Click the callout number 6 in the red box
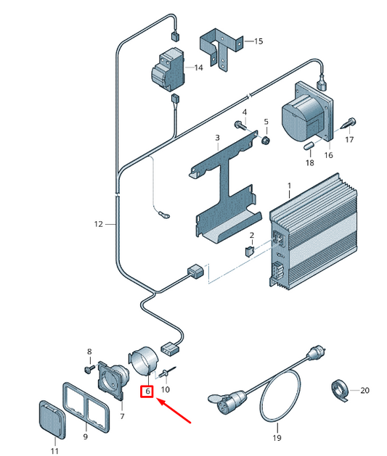147,391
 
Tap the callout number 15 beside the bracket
258,41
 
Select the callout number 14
199,67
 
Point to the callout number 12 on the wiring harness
99,224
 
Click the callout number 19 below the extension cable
277,437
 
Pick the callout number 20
364,390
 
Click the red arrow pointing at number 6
174,410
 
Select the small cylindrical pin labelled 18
309,145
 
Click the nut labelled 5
266,141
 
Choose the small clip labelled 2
249,251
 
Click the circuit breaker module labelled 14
168,70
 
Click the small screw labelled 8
89,369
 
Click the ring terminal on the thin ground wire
163,215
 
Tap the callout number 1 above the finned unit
289,186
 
